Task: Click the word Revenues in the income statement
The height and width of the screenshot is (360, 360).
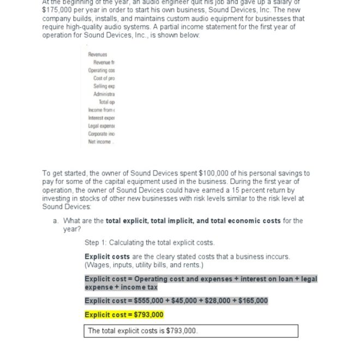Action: tap(98, 55)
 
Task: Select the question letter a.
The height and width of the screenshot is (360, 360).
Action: tap(56, 221)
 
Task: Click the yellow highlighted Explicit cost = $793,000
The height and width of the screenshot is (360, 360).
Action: tap(124, 315)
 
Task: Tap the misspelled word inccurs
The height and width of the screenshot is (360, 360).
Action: tap(277, 256)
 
